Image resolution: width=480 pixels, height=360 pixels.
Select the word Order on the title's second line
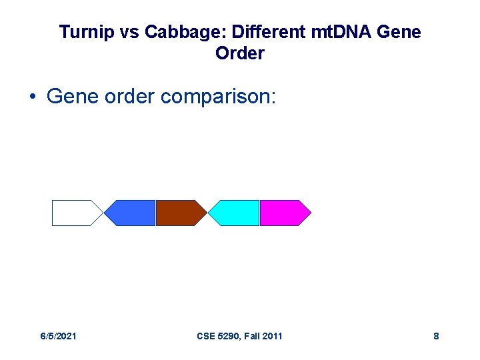point(240,54)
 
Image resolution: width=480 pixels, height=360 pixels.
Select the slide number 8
point(436,336)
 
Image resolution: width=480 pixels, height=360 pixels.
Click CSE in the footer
point(207,336)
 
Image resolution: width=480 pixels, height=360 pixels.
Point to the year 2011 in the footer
point(272,336)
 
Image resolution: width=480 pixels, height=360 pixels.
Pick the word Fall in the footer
point(250,336)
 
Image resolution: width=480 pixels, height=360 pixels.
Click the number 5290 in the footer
point(229,336)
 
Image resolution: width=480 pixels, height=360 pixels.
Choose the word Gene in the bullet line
point(71,97)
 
